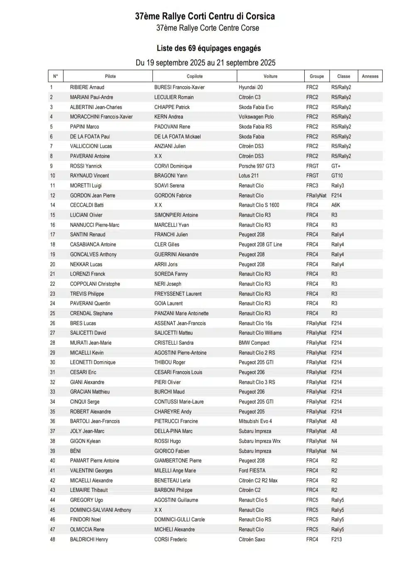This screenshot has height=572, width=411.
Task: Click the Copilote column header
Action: [x=195, y=76]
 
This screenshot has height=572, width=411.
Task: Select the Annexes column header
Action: [x=370, y=76]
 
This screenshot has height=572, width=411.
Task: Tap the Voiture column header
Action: [x=270, y=76]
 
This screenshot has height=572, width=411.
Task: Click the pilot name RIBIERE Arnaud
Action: [x=87, y=88]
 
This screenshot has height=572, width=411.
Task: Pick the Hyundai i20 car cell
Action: [x=251, y=88]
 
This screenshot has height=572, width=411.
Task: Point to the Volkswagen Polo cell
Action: [x=256, y=117]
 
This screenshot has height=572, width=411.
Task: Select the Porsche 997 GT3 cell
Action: [x=257, y=166]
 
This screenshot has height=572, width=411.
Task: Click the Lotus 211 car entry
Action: [x=249, y=176]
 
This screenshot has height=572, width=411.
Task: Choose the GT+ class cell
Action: [x=336, y=166]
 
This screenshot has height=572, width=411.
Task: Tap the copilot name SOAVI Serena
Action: [x=169, y=186]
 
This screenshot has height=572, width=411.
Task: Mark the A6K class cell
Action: [x=335, y=205]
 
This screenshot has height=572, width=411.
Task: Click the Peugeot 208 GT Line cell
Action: [x=260, y=245]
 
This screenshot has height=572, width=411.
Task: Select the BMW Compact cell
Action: [x=254, y=343]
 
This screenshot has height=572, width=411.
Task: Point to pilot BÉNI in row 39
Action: [x=76, y=451]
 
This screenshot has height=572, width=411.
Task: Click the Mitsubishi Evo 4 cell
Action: [x=255, y=421]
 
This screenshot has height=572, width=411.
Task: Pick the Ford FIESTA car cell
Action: [x=252, y=471]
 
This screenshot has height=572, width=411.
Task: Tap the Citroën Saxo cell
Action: [x=252, y=540]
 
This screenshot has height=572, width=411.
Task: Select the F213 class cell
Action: [x=337, y=540]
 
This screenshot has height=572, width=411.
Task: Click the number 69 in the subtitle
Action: [x=192, y=48]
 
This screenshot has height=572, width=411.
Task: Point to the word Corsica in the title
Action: [x=260, y=16]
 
